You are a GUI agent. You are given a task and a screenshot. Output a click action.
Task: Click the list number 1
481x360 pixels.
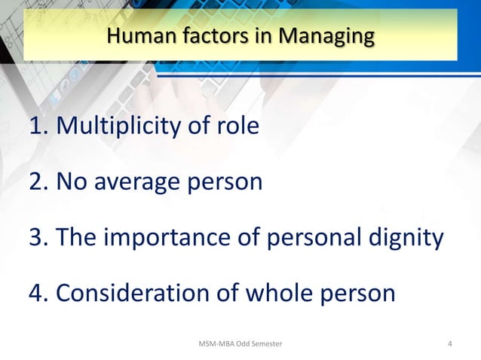pos(35,126)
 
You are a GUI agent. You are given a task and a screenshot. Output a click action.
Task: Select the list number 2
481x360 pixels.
pos(35,182)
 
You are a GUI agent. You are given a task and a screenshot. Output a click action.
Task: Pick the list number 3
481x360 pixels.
pos(35,237)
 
